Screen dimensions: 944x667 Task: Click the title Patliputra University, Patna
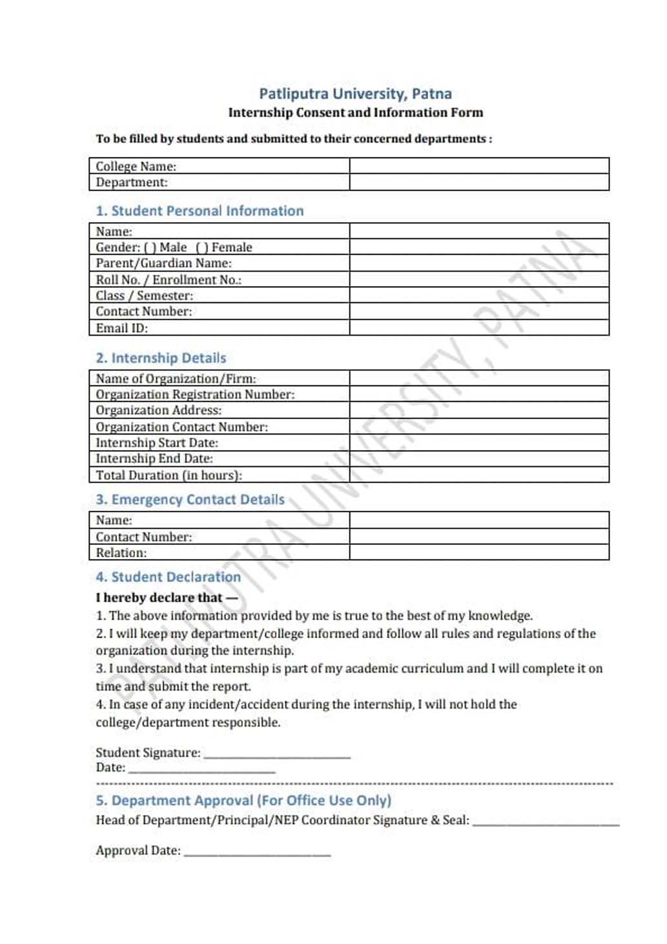(x=355, y=94)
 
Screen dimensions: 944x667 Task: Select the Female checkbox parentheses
(x=201, y=247)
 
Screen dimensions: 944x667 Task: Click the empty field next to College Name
(x=479, y=166)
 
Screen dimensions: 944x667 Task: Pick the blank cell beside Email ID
(x=479, y=327)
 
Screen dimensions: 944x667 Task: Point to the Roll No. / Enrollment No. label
(x=169, y=280)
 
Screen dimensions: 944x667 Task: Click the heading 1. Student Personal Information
(x=200, y=211)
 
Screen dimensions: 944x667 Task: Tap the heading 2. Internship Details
(x=161, y=358)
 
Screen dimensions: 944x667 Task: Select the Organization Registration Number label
(x=195, y=395)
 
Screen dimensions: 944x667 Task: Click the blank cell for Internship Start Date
(x=479, y=442)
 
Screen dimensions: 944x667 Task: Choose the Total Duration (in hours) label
(x=169, y=475)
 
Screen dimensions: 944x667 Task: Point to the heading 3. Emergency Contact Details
(x=190, y=500)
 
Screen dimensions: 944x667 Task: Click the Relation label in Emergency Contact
(x=121, y=553)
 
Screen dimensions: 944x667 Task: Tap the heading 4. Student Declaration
(x=168, y=577)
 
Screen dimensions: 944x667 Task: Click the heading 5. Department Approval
(x=243, y=801)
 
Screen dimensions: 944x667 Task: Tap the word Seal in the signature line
(x=455, y=820)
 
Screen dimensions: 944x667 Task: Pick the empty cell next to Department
(x=479, y=182)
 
